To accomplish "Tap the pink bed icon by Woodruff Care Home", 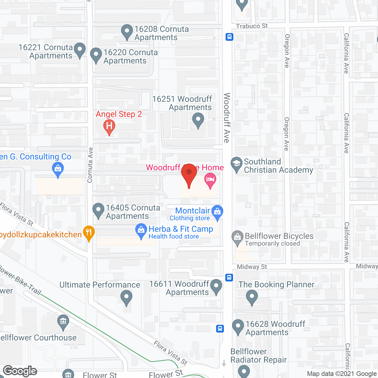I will [210, 180].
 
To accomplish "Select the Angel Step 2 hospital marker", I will [109, 126].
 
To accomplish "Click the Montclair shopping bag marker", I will [217, 212].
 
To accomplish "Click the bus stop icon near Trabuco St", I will [229, 37].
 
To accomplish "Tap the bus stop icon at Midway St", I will [229, 278].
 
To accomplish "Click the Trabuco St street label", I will [252, 26].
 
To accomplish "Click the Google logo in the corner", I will [20, 371].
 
